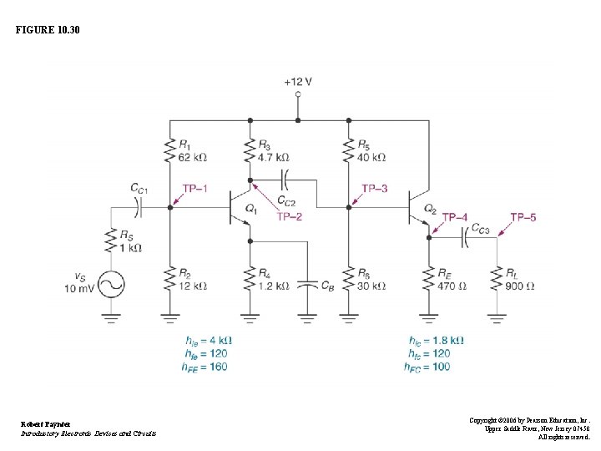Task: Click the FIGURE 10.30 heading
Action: [48, 30]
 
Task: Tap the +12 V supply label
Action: [298, 82]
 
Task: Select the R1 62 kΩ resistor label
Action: [192, 151]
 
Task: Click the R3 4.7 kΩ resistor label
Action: [273, 151]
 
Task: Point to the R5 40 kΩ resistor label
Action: [372, 151]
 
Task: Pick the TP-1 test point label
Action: [194, 189]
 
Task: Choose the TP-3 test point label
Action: [374, 189]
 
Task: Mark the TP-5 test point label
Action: [523, 217]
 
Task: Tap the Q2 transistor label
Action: [430, 208]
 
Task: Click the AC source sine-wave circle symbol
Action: [111, 285]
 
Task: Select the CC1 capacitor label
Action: [139, 188]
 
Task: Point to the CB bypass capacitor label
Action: [328, 286]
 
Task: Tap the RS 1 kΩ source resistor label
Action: [130, 242]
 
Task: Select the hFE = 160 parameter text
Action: [206, 367]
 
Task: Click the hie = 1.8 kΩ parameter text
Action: [436, 341]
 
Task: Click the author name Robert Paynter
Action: [47, 424]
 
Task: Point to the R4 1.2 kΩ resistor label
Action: [273, 280]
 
